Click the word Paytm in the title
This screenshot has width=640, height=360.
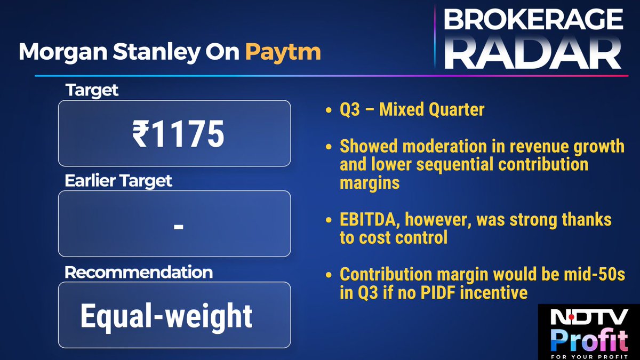point(283,52)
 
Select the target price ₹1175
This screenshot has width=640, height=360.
point(178,134)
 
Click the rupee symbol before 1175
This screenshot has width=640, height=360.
point(140,134)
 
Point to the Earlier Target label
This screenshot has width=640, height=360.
point(118,181)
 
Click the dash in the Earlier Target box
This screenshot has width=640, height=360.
point(179,226)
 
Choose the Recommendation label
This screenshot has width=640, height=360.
point(138,272)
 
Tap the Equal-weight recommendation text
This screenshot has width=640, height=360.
point(166,316)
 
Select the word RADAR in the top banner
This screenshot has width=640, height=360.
point(533,53)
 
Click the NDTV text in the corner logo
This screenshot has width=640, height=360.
point(585,319)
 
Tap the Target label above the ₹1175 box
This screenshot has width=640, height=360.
point(92,90)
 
